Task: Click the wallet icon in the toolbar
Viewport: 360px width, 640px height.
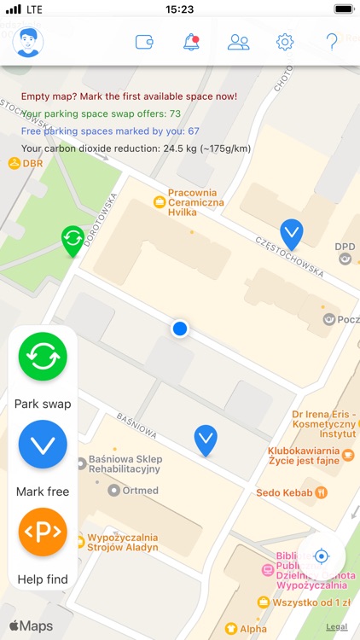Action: click(145, 41)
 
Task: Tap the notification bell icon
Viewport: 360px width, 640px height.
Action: click(192, 41)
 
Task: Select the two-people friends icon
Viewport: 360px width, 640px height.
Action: click(239, 41)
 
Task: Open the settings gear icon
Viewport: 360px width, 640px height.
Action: click(285, 41)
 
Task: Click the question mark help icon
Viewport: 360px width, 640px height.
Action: click(333, 41)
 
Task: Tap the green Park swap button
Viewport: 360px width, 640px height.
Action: click(43, 357)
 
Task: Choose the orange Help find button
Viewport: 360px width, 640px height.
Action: click(43, 532)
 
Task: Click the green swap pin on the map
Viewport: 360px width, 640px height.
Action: click(73, 240)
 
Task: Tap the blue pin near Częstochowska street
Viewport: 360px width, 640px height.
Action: click(292, 232)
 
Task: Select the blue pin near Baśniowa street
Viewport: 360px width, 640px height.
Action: click(205, 439)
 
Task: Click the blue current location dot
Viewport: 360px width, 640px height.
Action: click(179, 329)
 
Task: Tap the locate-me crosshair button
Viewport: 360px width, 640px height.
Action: click(322, 556)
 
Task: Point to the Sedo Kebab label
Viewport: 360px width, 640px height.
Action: click(285, 492)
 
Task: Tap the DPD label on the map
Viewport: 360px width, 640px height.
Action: click(345, 247)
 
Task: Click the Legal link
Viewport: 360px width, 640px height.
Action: click(336, 627)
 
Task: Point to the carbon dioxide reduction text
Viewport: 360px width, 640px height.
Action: click(136, 148)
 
